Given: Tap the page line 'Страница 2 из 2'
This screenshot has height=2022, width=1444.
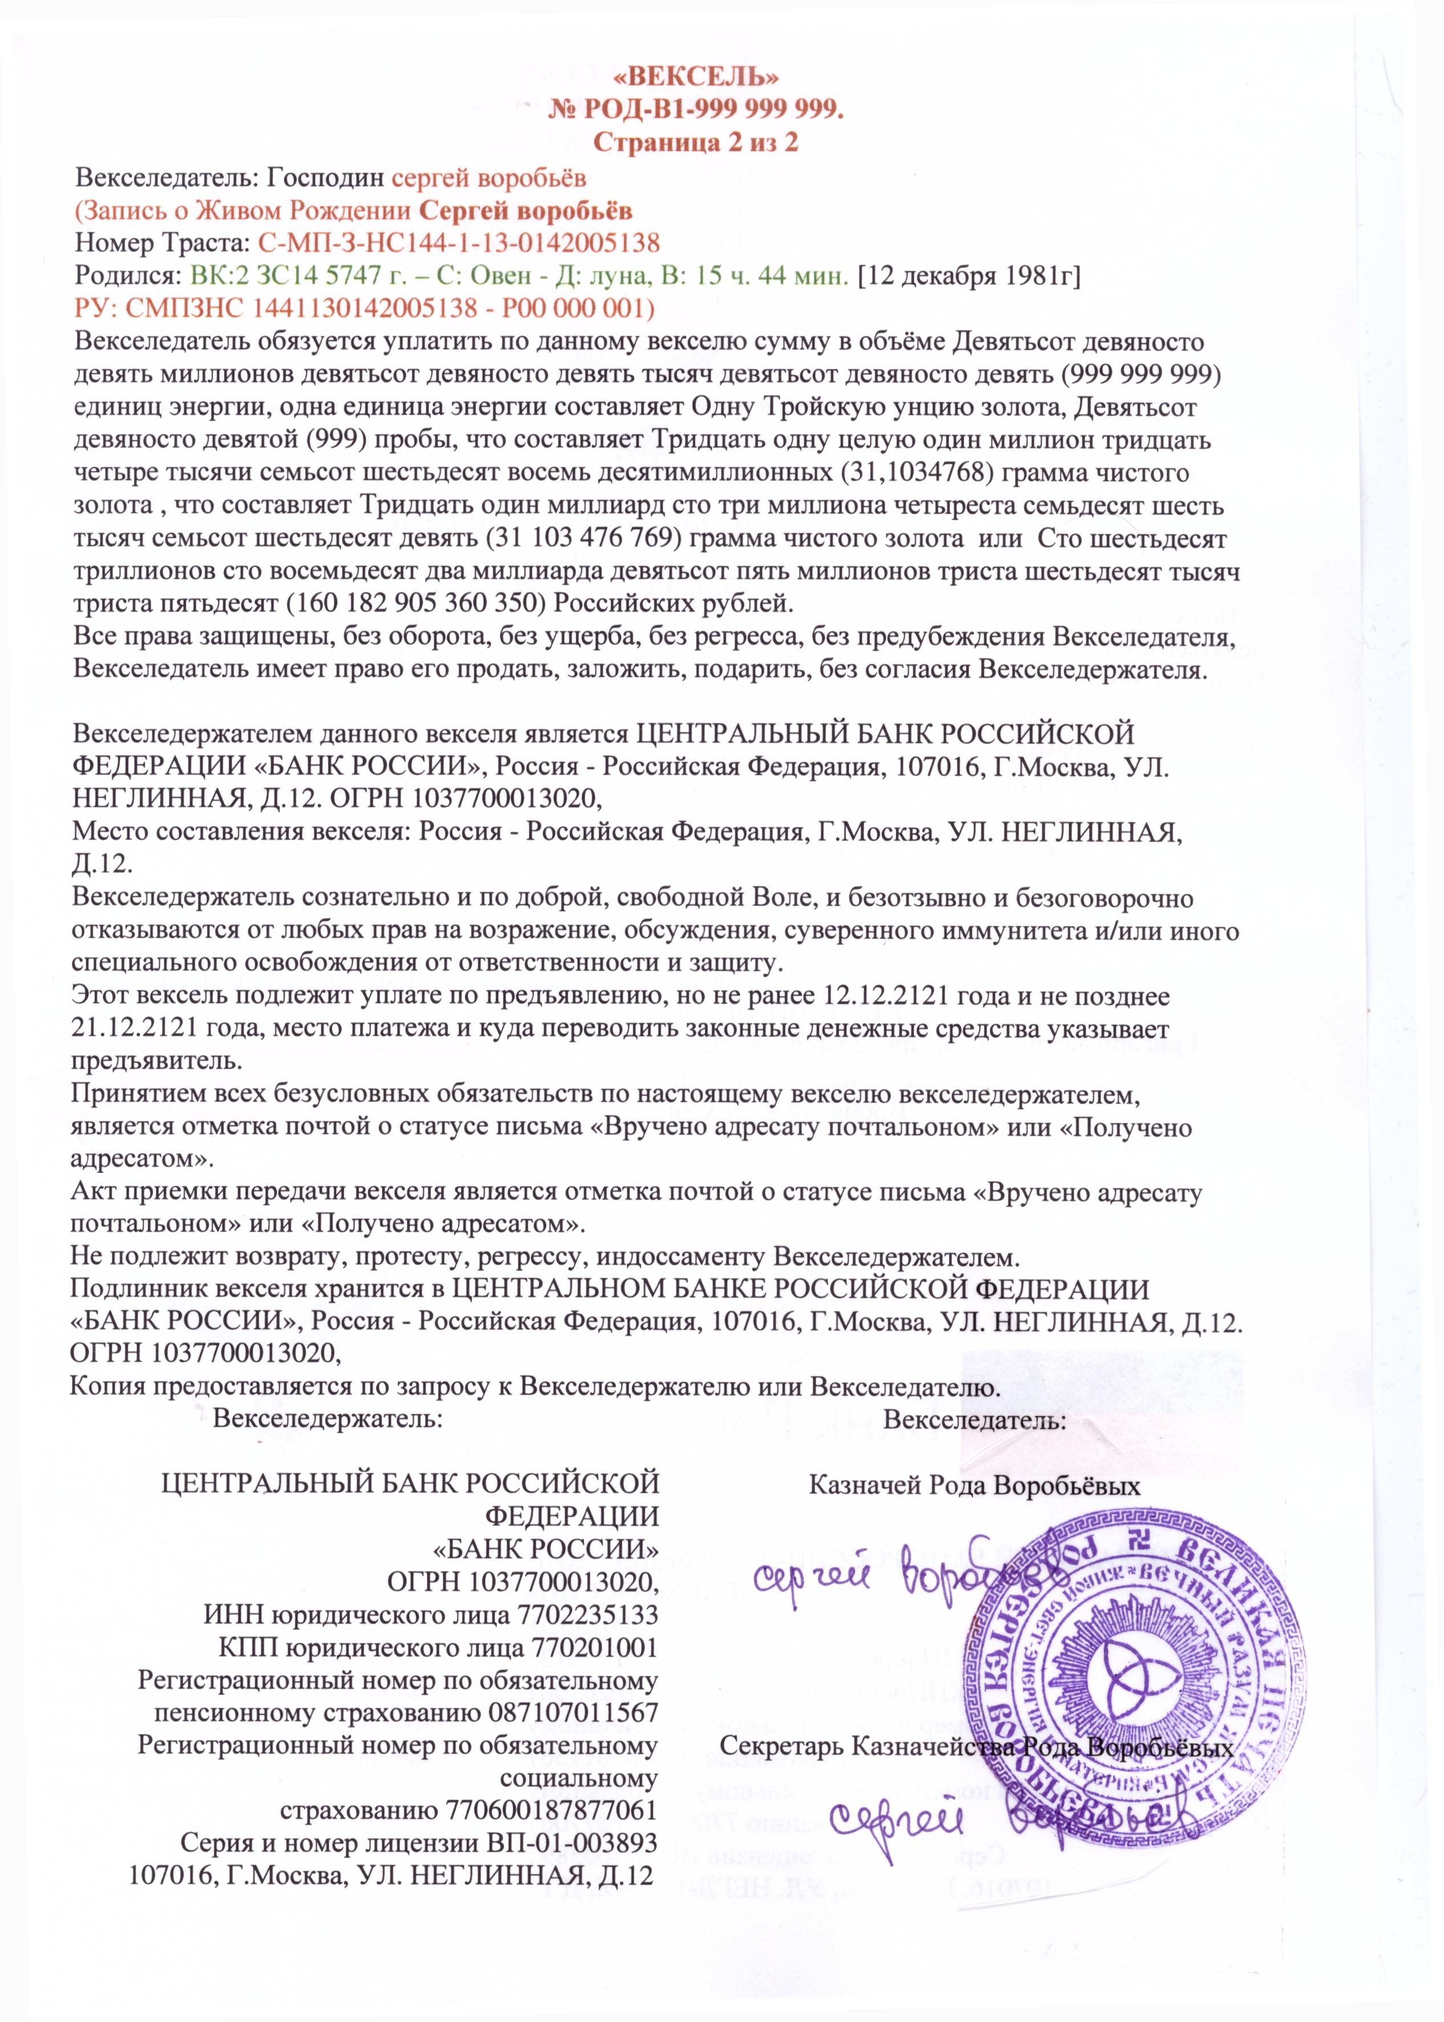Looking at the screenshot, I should click(x=695, y=142).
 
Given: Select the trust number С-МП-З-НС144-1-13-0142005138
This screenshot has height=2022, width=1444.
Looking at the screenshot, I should click(x=459, y=243).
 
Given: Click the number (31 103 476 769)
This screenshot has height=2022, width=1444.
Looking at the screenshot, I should click(x=583, y=539).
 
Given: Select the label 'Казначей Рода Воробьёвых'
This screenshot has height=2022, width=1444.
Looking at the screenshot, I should click(x=974, y=1486).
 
